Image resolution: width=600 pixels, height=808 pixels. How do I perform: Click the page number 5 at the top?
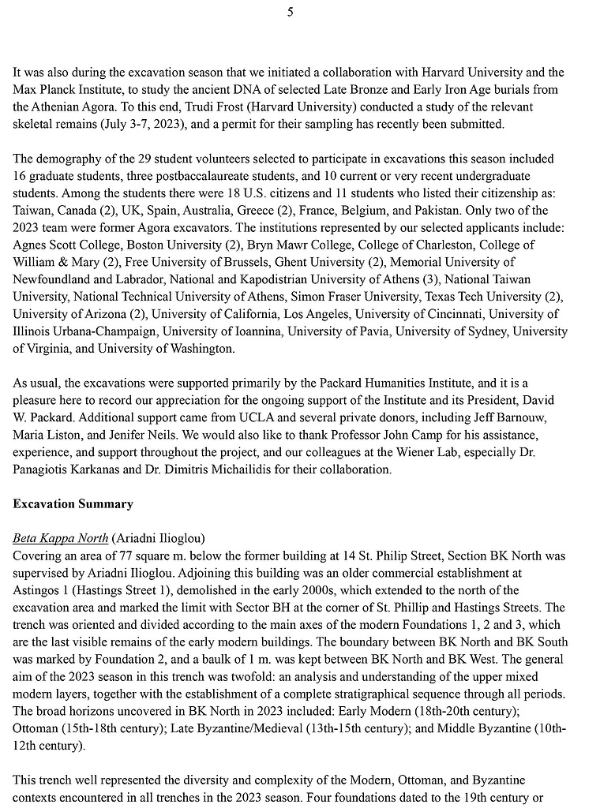[291, 11]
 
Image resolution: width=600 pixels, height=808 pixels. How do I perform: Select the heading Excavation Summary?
[73, 503]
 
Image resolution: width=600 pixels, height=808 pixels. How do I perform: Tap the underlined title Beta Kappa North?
[61, 538]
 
